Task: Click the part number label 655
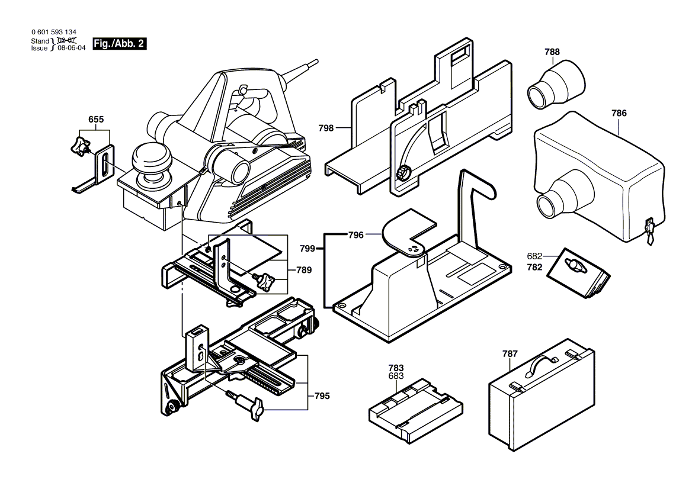[x=96, y=120]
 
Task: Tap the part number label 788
[x=552, y=52]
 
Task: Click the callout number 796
[x=355, y=235]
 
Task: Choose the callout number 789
[x=304, y=270]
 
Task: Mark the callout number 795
[x=322, y=396]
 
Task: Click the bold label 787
[x=510, y=354]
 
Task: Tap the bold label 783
[x=396, y=368]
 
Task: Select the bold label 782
[x=535, y=267]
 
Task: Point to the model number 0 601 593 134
[x=53, y=33]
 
